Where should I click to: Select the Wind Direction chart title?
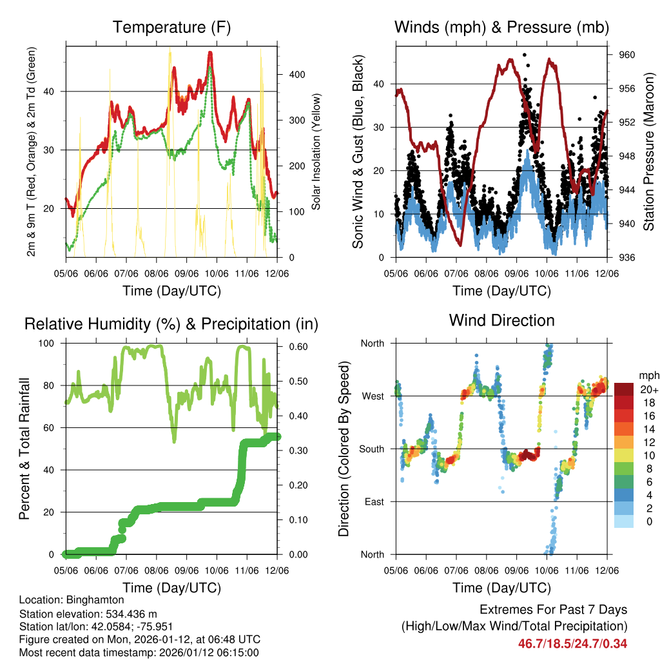[501, 320]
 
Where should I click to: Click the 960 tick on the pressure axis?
[627, 55]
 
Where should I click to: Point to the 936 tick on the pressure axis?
[627, 257]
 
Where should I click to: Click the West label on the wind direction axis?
[372, 396]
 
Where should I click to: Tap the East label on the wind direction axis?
[373, 501]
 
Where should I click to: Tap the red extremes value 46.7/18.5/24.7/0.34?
[572, 643]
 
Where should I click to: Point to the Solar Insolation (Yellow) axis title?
[316, 151]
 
